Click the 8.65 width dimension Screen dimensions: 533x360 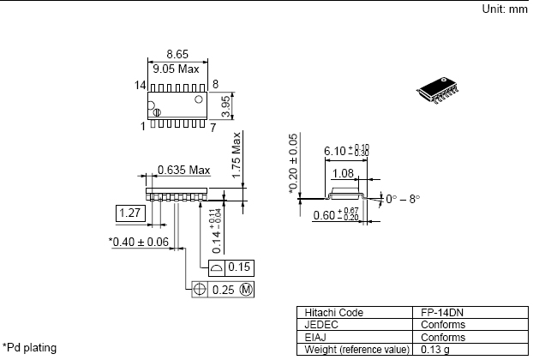[177, 54]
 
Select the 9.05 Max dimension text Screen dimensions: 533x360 [176, 69]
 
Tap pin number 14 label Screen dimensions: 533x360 [140, 85]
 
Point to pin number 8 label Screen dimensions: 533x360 [215, 84]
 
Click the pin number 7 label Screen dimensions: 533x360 [213, 128]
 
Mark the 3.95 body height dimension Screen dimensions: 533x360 [225, 105]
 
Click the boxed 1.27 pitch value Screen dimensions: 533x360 [130, 213]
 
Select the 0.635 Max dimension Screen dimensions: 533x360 [184, 170]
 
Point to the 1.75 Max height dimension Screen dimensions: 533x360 [237, 155]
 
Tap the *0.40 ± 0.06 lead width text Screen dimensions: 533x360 [139, 242]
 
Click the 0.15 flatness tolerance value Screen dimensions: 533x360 [239, 267]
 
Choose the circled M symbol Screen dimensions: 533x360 [246, 290]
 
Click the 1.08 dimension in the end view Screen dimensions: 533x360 [343, 174]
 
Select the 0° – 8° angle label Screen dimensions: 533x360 [403, 199]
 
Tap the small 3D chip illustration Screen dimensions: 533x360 [438, 90]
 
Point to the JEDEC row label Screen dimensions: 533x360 [321, 325]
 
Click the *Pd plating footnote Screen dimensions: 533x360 [30, 348]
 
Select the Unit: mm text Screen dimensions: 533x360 [505, 9]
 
